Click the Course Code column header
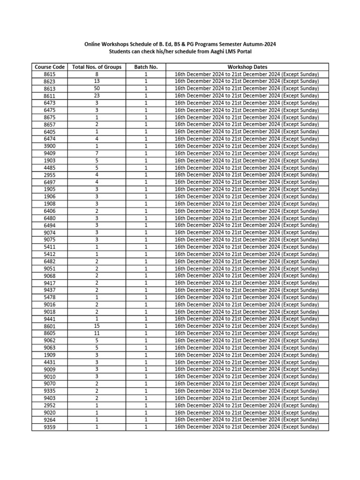coord(50,67)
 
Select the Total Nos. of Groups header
coord(97,67)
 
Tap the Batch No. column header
coord(146,67)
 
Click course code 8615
coord(50,74)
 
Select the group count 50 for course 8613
coord(97,89)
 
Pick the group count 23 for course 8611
coord(97,96)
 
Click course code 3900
coord(50,146)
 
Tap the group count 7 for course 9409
coord(97,153)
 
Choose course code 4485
coord(50,168)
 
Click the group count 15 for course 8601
coord(97,326)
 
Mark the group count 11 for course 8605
coord(97,333)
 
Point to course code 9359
coord(50,427)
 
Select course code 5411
coord(50,247)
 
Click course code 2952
coord(50,405)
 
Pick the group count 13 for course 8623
coord(97,81)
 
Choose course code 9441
coord(50,319)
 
